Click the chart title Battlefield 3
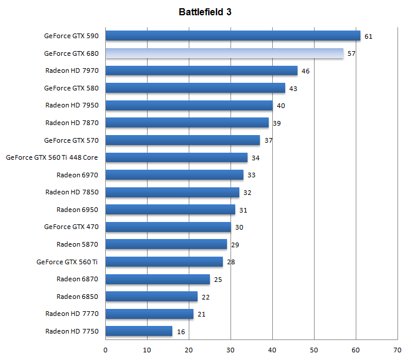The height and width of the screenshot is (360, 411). [205, 11]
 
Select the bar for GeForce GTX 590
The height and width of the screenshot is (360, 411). [232, 36]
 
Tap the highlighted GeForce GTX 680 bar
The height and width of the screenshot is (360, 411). [224, 53]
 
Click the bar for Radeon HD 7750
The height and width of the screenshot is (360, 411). [139, 331]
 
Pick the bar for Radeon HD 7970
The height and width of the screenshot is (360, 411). [201, 71]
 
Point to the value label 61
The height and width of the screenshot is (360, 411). [369, 36]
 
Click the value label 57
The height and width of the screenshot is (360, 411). [352, 54]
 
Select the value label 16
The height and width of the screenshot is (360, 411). [181, 332]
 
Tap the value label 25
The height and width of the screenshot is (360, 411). [218, 280]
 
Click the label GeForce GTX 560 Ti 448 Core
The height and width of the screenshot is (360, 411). [52, 157]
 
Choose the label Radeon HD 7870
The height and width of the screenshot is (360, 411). [72, 123]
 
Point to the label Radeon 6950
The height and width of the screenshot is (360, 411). [77, 210]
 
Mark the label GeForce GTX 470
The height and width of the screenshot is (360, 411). [71, 227]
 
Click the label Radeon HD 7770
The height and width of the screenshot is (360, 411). [72, 314]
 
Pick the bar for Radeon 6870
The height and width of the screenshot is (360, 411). [158, 279]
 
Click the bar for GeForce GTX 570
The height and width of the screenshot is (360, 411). [182, 140]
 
